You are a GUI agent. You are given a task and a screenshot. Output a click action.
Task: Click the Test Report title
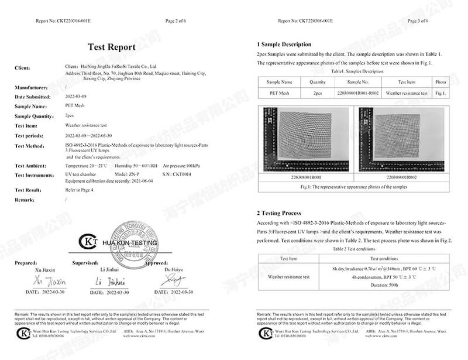(111, 47)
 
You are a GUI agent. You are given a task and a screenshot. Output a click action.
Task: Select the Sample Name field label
(30, 107)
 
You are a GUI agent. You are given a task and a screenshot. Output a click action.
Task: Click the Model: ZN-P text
(127, 175)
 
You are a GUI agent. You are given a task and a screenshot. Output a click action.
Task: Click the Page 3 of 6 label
(417, 20)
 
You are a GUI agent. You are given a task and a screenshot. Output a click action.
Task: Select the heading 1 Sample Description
(284, 44)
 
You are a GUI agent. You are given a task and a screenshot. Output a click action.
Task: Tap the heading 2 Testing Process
(279, 213)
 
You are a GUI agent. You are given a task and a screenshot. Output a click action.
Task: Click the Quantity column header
(317, 82)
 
